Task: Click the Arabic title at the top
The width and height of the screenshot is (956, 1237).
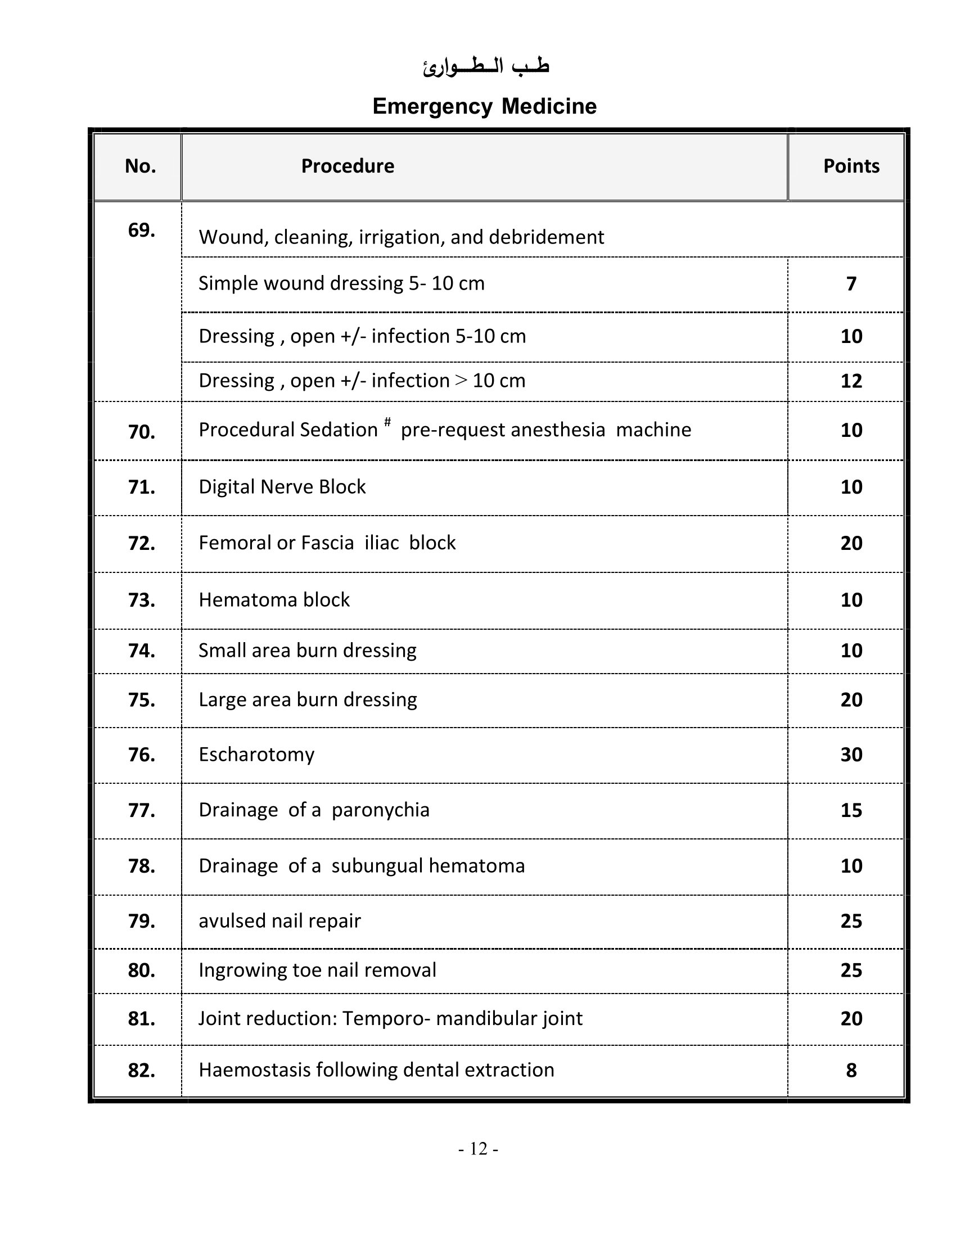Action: [x=485, y=67]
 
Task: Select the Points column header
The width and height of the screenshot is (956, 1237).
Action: [x=851, y=166]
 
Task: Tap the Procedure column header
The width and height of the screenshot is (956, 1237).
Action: [x=347, y=166]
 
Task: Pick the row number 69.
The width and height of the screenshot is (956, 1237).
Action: [x=141, y=230]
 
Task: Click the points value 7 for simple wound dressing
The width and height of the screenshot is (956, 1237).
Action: [x=851, y=283]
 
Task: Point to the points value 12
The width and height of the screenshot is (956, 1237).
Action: [x=851, y=381]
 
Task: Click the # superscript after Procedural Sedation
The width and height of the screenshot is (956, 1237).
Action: [x=387, y=421]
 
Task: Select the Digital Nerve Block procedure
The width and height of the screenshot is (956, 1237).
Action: [x=282, y=486]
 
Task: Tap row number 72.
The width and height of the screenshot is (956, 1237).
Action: [x=141, y=543]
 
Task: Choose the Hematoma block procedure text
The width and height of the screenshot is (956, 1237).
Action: [x=274, y=599]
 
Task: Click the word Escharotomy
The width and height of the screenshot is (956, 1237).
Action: [x=256, y=755]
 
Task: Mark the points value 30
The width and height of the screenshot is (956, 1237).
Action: [x=851, y=755]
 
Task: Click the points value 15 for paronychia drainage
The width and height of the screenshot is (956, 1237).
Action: [x=851, y=810]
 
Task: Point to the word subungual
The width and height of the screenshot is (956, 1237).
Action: [x=377, y=865]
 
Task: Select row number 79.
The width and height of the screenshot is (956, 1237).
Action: [x=141, y=921]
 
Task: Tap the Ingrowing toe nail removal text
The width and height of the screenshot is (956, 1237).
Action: [x=317, y=970]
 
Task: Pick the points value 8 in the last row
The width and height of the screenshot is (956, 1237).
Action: [x=851, y=1070]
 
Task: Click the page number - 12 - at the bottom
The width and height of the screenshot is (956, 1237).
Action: [x=478, y=1149]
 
